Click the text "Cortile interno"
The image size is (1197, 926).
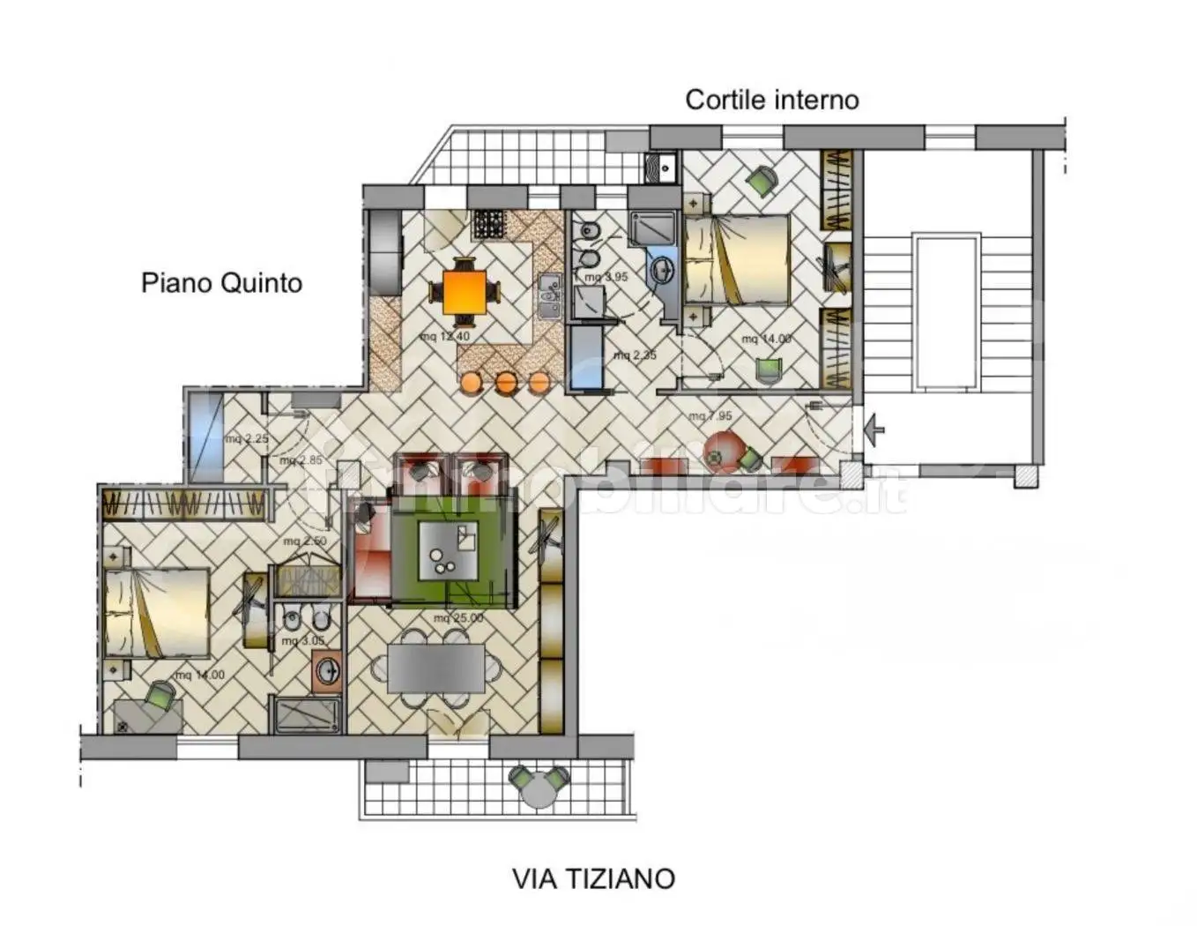[x=771, y=100]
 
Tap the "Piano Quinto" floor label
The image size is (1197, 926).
[x=221, y=283]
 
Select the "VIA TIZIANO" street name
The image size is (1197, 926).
[x=593, y=878]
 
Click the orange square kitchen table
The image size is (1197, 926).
[x=464, y=292]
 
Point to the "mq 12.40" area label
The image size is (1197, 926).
[x=445, y=336]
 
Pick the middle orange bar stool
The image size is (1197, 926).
[x=506, y=382]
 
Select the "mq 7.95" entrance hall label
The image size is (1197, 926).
[x=710, y=415]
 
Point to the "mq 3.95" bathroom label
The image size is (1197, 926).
[x=606, y=277]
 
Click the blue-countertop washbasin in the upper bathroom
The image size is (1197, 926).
[x=660, y=268]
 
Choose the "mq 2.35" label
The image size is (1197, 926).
[x=635, y=355]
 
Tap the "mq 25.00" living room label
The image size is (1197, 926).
[x=457, y=618]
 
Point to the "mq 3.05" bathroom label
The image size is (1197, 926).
[x=303, y=641]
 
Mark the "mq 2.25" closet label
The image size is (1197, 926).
[x=246, y=438]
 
